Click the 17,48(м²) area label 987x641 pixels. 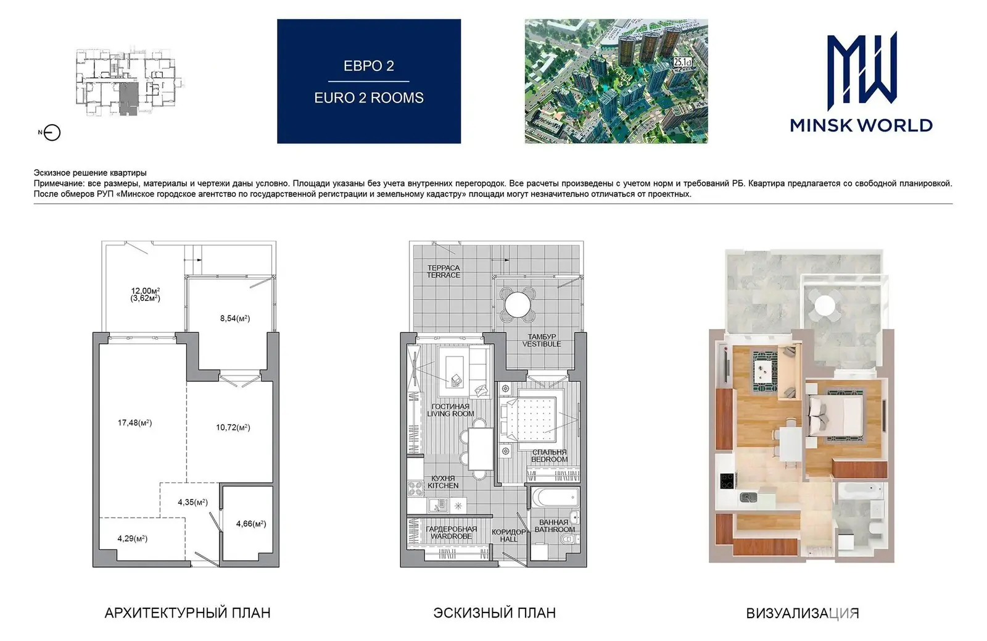click(134, 422)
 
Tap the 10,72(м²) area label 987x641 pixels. click(233, 427)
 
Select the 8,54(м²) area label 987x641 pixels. click(235, 318)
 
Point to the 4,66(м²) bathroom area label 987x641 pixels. click(251, 524)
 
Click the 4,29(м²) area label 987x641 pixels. click(132, 538)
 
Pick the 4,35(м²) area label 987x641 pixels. click(192, 502)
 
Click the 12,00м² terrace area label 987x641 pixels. click(146, 291)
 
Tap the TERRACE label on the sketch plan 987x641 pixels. click(444, 275)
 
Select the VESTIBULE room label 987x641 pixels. click(542, 344)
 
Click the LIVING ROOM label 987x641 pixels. click(450, 413)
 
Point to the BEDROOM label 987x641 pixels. click(549, 459)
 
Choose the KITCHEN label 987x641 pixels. click(443, 485)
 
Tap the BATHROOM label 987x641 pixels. click(555, 529)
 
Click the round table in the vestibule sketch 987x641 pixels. click(518, 304)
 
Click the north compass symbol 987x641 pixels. click(52, 132)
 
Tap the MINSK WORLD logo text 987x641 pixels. click(861, 125)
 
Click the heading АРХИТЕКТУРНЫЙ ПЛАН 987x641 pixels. click(188, 613)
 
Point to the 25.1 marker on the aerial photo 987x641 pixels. click(682, 62)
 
